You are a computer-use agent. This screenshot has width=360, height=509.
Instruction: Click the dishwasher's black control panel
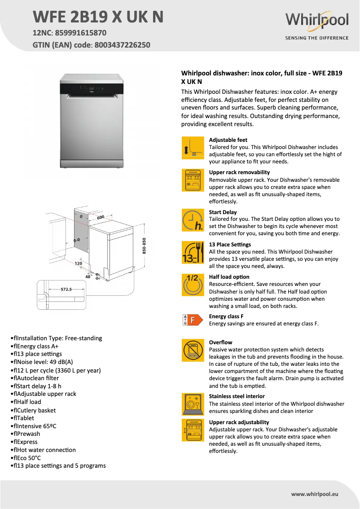[x=92, y=89]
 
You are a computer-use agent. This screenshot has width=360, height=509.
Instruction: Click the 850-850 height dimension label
[x=145, y=246]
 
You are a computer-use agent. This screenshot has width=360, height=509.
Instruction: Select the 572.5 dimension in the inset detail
[x=66, y=290]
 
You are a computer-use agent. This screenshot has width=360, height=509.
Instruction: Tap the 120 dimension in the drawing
[x=78, y=263]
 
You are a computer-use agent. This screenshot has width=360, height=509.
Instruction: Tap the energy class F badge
[x=189, y=320]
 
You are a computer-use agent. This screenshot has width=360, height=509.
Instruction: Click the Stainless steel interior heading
[x=237, y=396]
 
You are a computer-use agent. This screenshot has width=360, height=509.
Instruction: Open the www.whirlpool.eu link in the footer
[x=314, y=494]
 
